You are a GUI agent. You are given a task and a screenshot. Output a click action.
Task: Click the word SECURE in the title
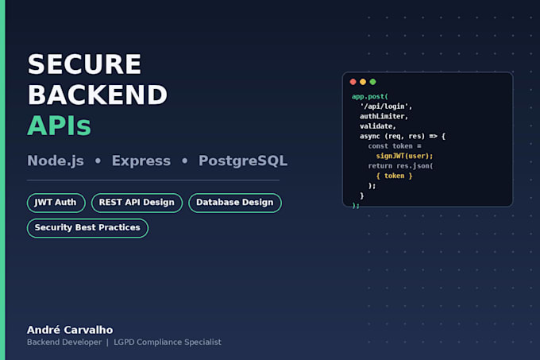[84, 64]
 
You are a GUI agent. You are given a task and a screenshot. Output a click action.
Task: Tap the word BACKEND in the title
[98, 95]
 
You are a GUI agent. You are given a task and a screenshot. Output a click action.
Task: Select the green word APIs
[60, 126]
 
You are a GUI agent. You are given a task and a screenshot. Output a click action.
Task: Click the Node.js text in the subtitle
[56, 161]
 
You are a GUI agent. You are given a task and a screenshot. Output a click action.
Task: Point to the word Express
[141, 161]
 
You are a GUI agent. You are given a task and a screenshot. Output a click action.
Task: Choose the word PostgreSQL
[243, 161]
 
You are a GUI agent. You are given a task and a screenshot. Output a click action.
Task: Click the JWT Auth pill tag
[56, 203]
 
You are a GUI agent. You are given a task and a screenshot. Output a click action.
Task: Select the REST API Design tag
[137, 203]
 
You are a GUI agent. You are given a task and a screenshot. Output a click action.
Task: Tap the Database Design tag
[235, 203]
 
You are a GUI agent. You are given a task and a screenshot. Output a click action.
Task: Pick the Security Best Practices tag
[87, 228]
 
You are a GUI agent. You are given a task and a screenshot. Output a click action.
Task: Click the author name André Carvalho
[70, 330]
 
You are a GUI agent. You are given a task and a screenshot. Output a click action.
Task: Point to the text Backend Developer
[64, 342]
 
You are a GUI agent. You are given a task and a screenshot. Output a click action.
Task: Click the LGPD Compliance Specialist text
[168, 342]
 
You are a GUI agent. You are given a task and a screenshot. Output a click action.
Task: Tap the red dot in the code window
[353, 82]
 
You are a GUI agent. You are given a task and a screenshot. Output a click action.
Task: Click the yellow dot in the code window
[363, 82]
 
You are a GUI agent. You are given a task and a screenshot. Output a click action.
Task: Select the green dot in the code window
[372, 82]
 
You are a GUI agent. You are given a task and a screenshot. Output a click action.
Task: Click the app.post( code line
[370, 96]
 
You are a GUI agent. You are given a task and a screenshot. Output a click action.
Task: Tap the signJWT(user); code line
[404, 156]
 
